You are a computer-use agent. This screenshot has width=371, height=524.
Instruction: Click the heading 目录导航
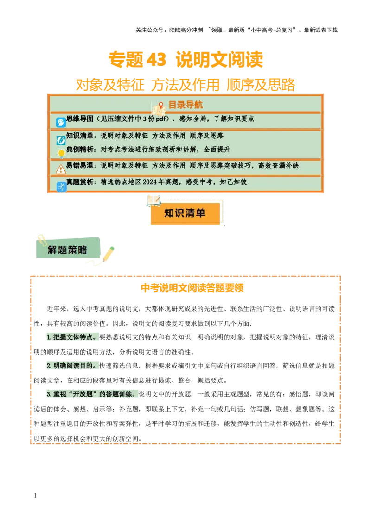185,105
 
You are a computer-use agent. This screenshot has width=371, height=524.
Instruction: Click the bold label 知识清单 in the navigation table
80,136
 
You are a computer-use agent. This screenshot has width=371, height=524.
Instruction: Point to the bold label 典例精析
80,150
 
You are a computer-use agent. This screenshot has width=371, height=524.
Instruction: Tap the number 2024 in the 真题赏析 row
151,182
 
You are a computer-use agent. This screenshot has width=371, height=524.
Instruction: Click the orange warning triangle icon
61,169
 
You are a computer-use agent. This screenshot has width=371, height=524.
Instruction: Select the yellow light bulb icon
61,153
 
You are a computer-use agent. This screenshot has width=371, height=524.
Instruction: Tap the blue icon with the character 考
61,187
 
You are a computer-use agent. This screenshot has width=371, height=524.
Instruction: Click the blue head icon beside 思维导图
61,122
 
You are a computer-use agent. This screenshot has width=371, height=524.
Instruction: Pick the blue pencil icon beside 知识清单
61,140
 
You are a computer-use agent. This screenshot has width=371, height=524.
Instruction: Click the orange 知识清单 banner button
185,213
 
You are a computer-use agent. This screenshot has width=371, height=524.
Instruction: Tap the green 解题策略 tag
68,250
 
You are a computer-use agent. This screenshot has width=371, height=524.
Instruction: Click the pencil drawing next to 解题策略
108,253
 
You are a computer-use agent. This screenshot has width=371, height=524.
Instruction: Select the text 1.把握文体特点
72,337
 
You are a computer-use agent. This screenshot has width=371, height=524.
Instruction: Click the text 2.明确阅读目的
72,366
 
